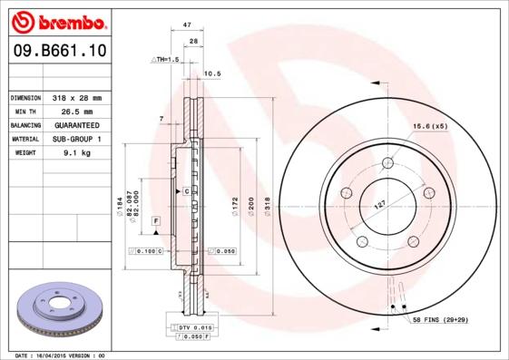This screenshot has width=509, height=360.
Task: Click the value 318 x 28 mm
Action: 76,97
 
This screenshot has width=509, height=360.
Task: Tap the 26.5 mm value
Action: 76,111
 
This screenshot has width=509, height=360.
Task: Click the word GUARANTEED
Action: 76,125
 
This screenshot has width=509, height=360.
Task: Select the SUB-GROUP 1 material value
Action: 76,140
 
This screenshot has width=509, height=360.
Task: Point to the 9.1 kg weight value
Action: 76,153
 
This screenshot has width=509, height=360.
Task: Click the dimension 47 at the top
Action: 187,27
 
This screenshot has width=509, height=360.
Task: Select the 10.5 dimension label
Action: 212,73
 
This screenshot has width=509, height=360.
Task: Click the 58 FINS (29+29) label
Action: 442,321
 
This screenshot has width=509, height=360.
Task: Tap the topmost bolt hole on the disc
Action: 387,163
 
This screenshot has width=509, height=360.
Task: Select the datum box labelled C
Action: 185,191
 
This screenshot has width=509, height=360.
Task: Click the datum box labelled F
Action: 156,220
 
